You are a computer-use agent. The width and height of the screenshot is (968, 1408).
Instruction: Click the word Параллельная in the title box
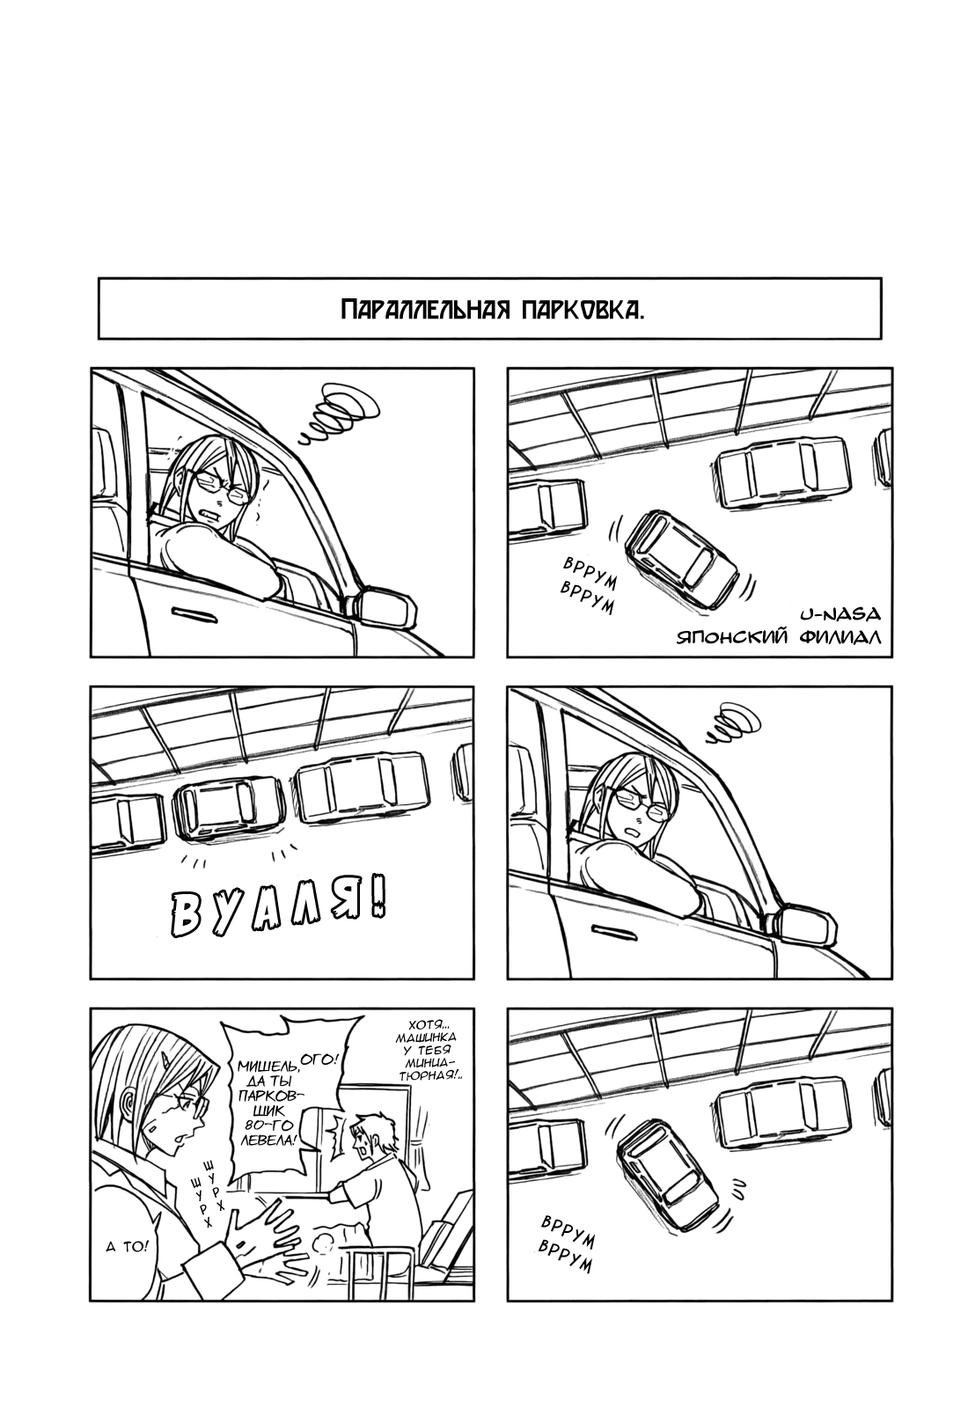(x=425, y=310)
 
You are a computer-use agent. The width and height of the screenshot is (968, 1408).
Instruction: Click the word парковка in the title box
(x=583, y=310)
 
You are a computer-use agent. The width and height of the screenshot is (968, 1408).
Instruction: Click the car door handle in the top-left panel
(x=194, y=614)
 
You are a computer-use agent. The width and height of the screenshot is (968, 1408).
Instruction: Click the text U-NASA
(x=840, y=612)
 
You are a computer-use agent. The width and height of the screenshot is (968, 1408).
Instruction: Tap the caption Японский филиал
(x=779, y=637)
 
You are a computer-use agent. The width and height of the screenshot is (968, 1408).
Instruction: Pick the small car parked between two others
(x=229, y=808)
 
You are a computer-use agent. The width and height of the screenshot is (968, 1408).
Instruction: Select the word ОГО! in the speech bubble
(x=320, y=1060)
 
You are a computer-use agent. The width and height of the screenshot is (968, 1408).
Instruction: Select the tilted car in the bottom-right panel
(x=667, y=1175)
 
